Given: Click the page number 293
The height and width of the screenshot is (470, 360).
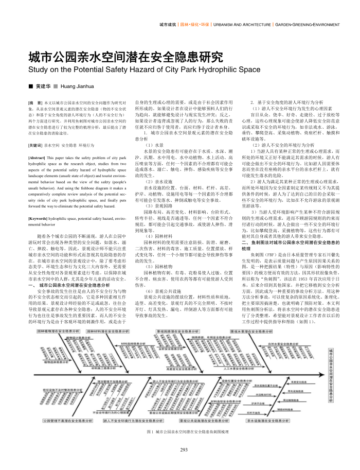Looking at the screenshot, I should [184, 450].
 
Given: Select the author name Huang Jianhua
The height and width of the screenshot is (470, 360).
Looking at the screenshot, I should [77, 85].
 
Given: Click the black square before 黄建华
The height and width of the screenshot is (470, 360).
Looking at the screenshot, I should [30, 85].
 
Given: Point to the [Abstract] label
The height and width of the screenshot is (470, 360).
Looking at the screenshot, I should [39, 157].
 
